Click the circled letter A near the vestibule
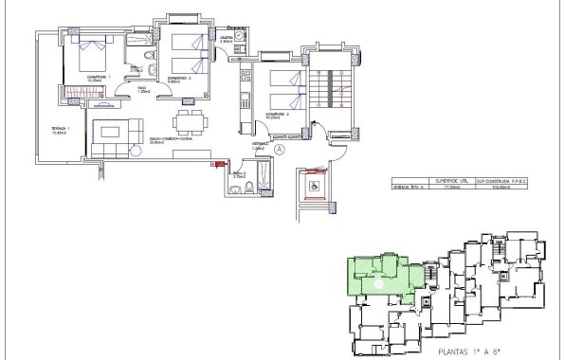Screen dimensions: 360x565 pos(279,149)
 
